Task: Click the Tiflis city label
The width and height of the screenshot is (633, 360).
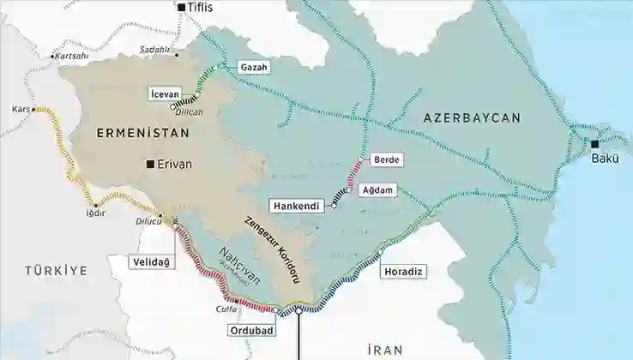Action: point(202,8)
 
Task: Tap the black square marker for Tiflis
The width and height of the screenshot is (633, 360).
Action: point(181,8)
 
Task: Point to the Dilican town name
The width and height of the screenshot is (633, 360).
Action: point(189,112)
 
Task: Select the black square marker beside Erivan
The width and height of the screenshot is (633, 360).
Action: point(151,163)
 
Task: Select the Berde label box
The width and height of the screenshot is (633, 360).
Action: point(387,159)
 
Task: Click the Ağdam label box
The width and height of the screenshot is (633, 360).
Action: point(378,190)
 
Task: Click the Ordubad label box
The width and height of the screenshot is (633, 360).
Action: point(251,330)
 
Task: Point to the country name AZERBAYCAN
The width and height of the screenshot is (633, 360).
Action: point(472,117)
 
